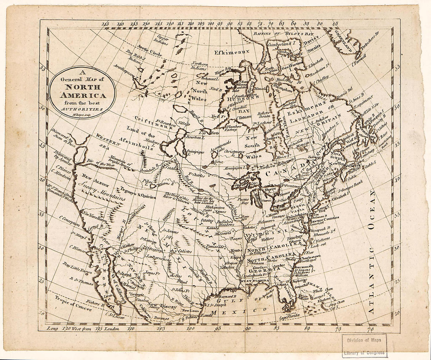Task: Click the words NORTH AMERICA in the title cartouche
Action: pyautogui.click(x=82, y=92)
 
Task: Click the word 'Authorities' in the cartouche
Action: pyautogui.click(x=82, y=109)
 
